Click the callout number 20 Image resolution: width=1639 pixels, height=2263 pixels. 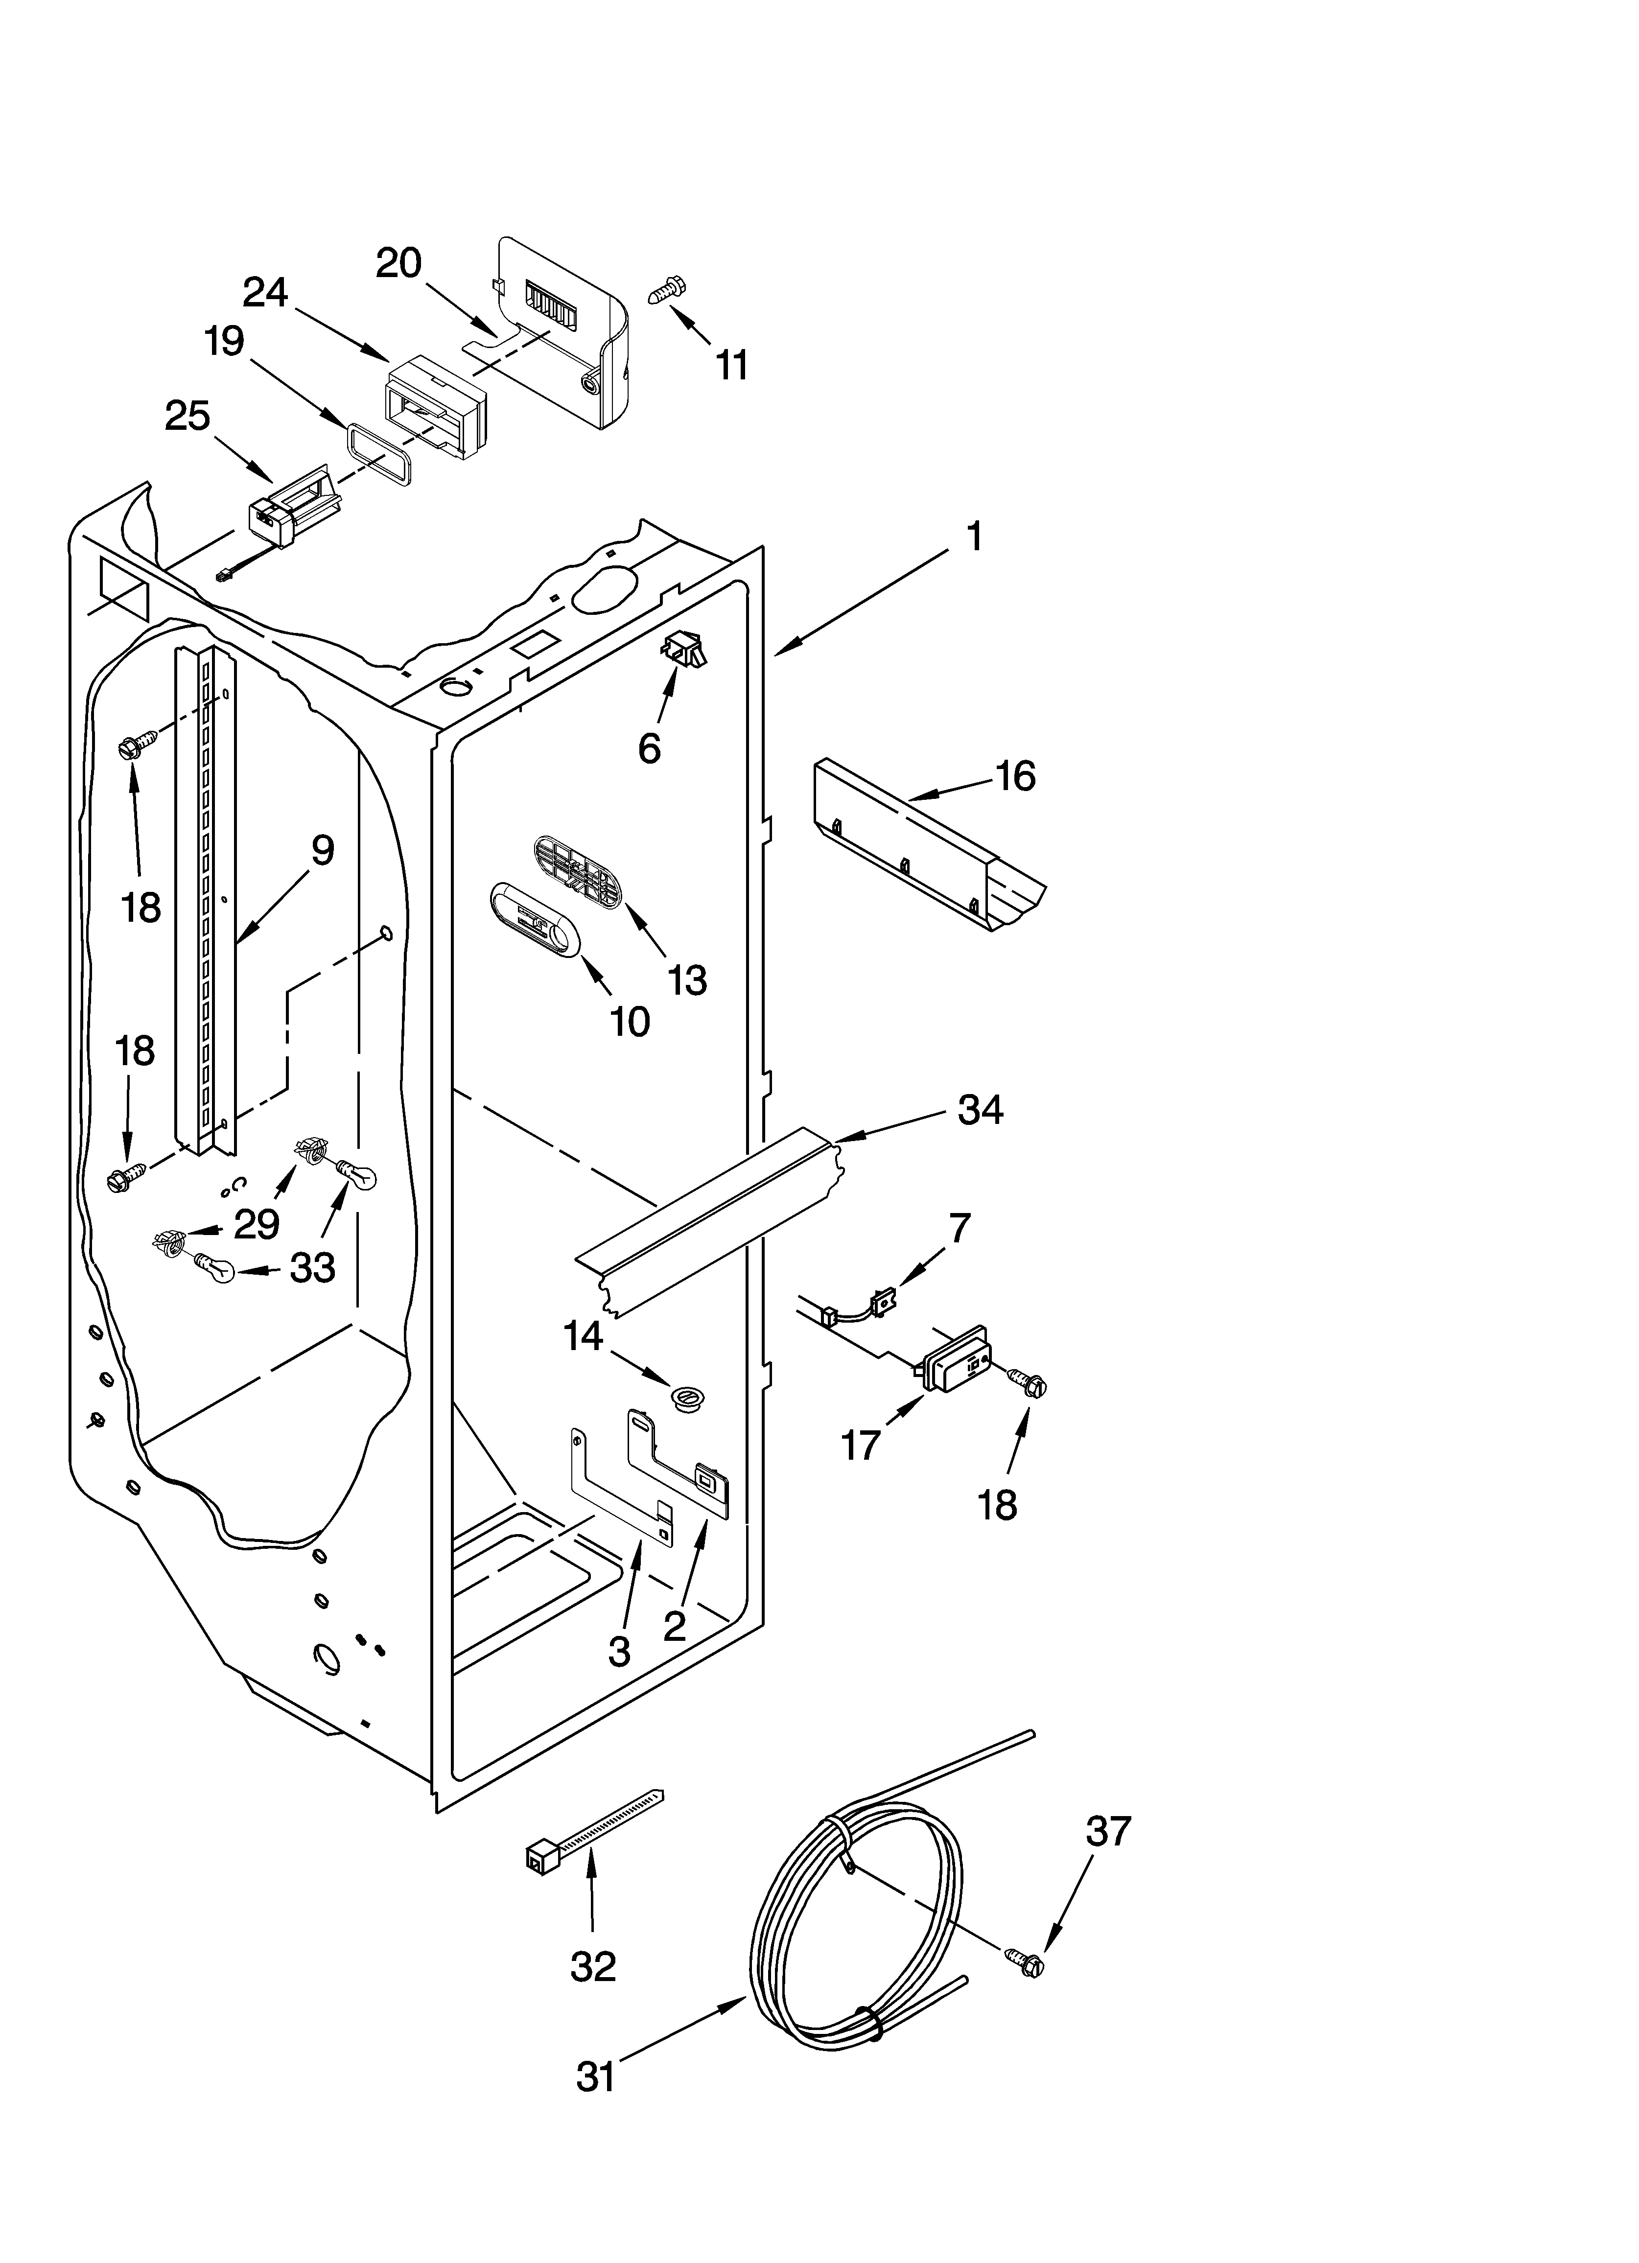(399, 263)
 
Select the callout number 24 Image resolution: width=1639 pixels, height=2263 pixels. (265, 292)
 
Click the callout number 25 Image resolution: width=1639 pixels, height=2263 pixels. (187, 416)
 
